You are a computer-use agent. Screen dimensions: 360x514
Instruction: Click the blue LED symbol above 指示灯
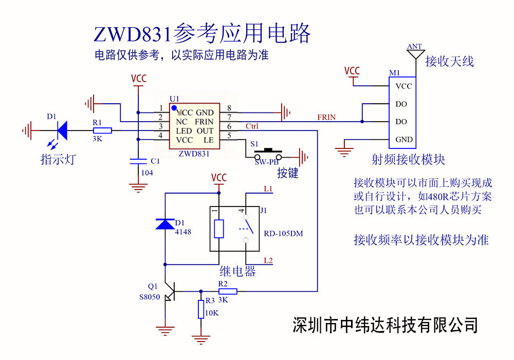62,130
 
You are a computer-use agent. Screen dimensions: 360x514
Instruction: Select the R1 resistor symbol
102,130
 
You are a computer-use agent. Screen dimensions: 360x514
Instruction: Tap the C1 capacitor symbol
138,161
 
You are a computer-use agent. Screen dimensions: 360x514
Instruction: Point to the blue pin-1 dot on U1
174,107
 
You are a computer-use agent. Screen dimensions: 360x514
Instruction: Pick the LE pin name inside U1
208,140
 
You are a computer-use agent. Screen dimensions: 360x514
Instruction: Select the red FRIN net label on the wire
326,117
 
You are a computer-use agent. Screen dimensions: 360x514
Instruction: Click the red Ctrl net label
252,126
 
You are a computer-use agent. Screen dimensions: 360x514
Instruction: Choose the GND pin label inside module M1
403,140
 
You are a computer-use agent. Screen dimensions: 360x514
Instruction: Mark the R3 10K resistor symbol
201,310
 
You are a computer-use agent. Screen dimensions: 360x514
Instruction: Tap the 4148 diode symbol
165,224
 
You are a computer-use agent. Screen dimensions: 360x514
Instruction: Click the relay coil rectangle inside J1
219,229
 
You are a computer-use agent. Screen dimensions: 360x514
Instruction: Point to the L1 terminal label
268,190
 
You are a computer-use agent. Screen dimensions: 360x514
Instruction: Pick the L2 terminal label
268,260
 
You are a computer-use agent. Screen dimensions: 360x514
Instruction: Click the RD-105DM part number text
284,234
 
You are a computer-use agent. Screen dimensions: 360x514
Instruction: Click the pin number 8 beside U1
229,108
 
